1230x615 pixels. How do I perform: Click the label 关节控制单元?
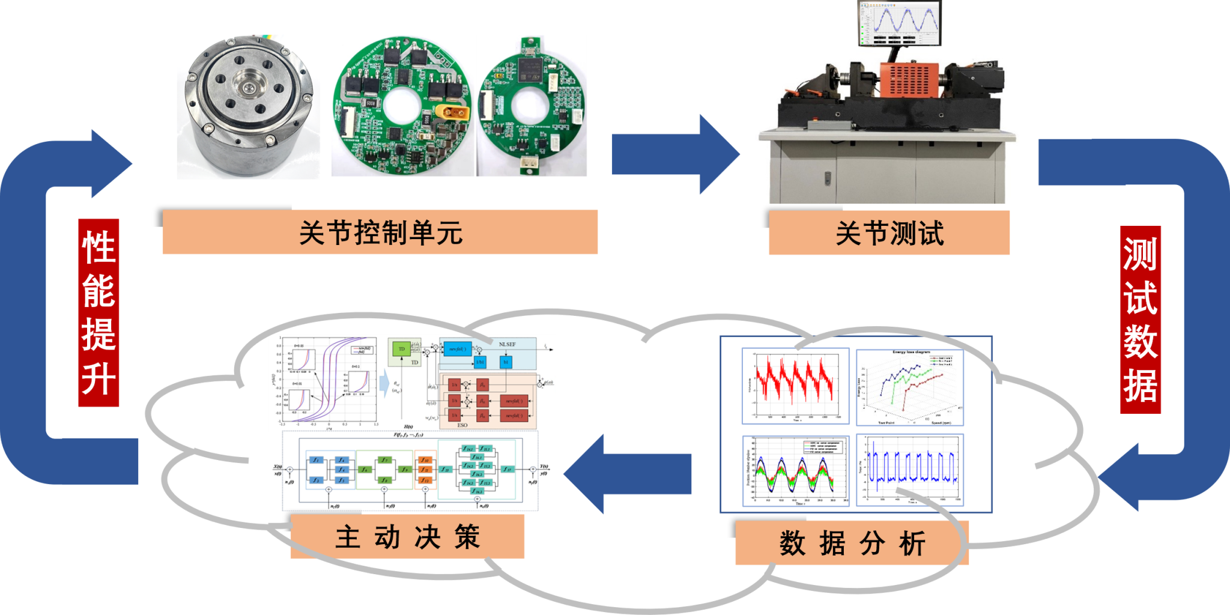pos(380,232)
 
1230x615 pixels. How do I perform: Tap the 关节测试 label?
pos(889,233)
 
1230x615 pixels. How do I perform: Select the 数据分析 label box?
pos(852,543)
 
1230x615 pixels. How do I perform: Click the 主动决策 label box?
pos(407,536)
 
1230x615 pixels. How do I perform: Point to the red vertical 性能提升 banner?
pos(98,312)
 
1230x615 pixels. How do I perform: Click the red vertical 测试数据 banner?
pos(1140,320)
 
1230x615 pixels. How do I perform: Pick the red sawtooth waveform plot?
pos(795,386)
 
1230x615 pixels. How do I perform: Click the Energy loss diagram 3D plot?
pos(909,387)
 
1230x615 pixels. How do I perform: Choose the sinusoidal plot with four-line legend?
pos(795,471)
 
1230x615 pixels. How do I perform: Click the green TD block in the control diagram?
pos(402,350)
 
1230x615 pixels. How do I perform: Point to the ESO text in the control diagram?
pos(462,425)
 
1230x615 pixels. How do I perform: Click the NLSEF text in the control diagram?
pos(507,344)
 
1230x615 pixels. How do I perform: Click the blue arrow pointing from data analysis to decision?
pos(628,473)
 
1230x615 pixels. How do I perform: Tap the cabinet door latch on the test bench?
pos(828,178)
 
